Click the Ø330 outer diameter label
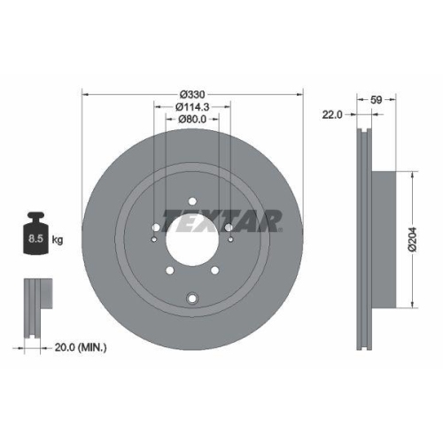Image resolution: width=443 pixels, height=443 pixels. click(192, 95)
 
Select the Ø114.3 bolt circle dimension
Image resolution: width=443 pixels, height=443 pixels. click(192, 107)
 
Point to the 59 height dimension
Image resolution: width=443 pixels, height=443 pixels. click(376, 100)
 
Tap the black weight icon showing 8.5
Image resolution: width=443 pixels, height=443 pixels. click(36, 233)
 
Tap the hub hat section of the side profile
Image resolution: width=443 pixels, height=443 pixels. click(383, 239)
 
